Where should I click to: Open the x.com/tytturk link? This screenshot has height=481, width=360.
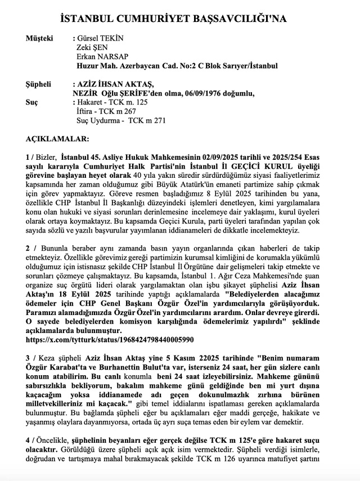point(110,340)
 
